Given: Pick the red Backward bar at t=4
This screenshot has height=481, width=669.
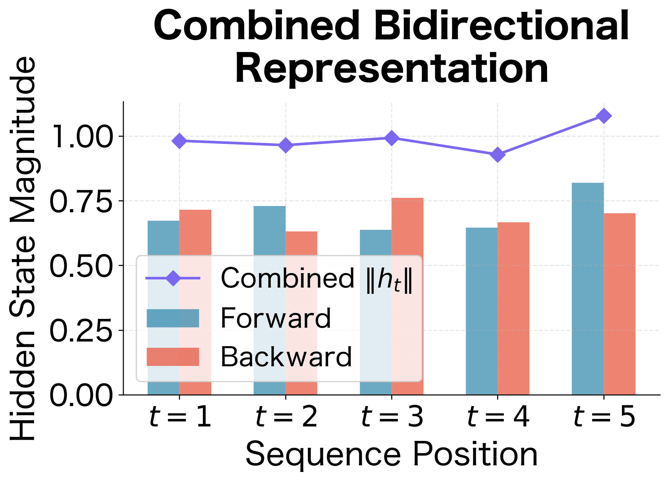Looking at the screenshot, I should pyautogui.click(x=513, y=308).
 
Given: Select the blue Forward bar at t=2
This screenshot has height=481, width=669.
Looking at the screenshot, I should pyautogui.click(x=269, y=230).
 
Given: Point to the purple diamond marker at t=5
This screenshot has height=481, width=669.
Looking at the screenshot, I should pyautogui.click(x=603, y=116).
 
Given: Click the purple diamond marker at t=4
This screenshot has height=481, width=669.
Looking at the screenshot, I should pyautogui.click(x=498, y=154).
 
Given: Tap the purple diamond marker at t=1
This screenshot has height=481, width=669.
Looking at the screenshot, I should pyautogui.click(x=179, y=141).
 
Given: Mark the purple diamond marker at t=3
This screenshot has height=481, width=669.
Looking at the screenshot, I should pyautogui.click(x=392, y=138).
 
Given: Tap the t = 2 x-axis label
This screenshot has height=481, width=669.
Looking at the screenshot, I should pyautogui.click(x=286, y=417).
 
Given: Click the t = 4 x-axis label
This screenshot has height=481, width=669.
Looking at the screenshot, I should pyautogui.click(x=498, y=417).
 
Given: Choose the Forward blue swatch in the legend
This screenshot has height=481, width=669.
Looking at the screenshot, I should pyautogui.click(x=173, y=318).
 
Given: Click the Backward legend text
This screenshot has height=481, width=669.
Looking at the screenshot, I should pyautogui.click(x=286, y=357).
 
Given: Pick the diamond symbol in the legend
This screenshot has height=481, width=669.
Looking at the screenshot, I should pyautogui.click(x=173, y=278).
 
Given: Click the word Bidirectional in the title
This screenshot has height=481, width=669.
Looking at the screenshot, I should pyautogui.click(x=502, y=26).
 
